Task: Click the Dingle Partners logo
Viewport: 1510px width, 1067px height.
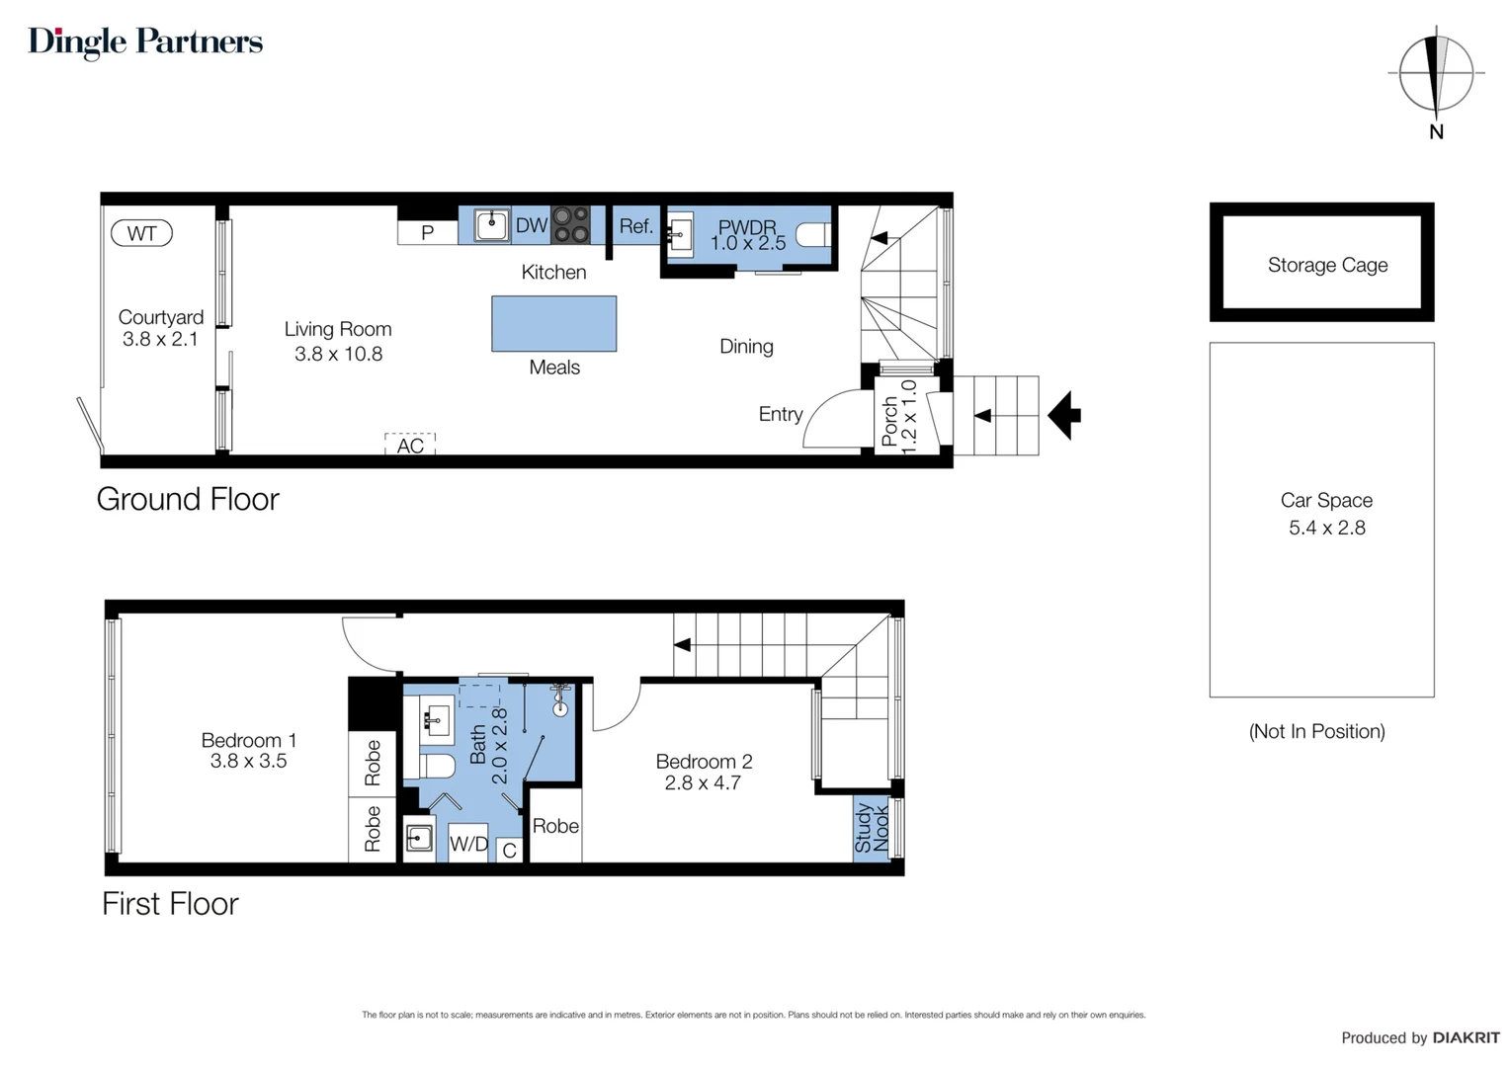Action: click(145, 41)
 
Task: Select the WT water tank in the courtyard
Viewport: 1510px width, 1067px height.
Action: click(141, 233)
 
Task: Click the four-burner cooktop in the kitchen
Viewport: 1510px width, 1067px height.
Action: click(571, 224)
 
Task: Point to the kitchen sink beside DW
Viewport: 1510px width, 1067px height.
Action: click(491, 225)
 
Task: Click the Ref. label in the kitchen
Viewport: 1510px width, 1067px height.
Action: click(636, 226)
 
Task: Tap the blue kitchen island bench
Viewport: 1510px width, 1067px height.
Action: click(554, 323)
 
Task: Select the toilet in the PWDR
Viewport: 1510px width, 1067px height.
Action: click(813, 235)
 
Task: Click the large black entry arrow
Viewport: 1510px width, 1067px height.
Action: click(1064, 415)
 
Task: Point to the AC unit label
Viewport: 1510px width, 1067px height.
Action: click(410, 446)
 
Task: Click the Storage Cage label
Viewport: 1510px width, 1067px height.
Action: click(1328, 265)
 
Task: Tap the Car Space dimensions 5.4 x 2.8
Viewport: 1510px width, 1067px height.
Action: click(1327, 528)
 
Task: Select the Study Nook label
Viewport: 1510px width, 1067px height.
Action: click(872, 828)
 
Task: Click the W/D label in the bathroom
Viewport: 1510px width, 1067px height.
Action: click(468, 843)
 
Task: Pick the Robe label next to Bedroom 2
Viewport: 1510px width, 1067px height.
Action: click(555, 826)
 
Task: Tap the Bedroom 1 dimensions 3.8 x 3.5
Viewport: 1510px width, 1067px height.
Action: click(249, 761)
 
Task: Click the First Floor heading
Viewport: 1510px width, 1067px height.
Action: click(171, 904)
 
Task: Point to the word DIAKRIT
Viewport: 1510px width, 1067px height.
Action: click(1467, 1038)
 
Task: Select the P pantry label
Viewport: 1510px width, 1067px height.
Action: click(427, 233)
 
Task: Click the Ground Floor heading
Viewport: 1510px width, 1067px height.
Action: click(188, 500)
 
